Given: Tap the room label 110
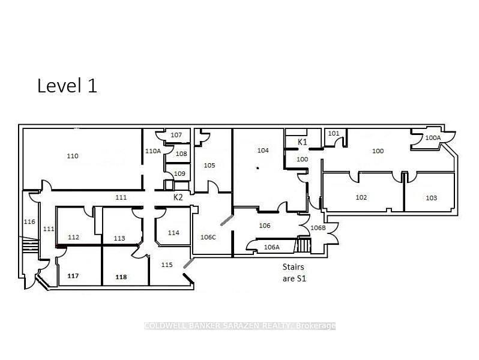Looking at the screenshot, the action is pos(73,156).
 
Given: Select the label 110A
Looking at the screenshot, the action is pos(152,151).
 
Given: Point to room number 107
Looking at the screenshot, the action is pos(176,135).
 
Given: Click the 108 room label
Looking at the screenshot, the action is pos(181,154).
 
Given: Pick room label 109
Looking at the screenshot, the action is pos(179,174).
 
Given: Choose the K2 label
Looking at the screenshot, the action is pos(178,197).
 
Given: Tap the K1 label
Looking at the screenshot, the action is pos(303,142).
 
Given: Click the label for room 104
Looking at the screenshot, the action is pos(263,150).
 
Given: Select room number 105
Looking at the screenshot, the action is pos(209,166).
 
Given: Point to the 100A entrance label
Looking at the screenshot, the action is pos(433,138).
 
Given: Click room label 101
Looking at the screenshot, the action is pos(334,133).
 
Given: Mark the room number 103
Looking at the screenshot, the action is pos(432,198).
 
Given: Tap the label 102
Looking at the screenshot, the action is pos(361,197).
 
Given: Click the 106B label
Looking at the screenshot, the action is pos(318,228).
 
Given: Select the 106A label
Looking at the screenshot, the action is pos(271,247).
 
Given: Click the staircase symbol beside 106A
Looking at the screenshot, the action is pos(303,245).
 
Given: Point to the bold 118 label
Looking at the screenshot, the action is pos(121,277).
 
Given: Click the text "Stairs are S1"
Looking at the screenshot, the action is pos(294,272).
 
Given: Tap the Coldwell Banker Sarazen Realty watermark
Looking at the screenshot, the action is pos(240,326).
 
